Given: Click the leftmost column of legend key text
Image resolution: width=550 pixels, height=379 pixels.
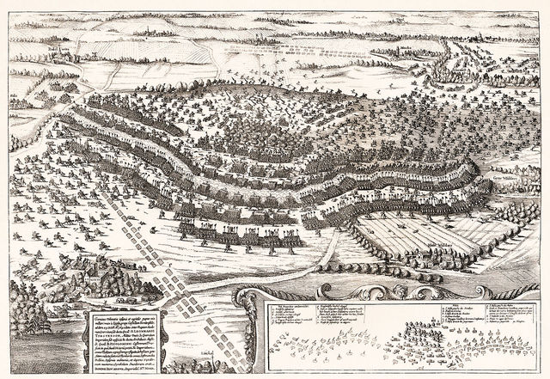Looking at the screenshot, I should [x=288, y=313].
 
